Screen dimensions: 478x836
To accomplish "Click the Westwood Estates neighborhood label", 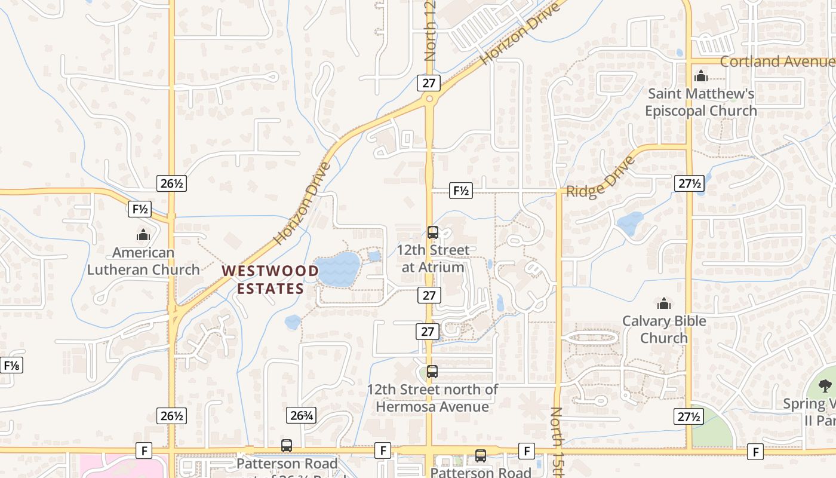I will tap(270, 280).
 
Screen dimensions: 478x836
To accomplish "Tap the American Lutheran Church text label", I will tap(143, 261).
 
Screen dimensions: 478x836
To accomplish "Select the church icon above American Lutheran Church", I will tap(143, 235).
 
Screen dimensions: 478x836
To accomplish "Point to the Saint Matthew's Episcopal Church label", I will tap(700, 102).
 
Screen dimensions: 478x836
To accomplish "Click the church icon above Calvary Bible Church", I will tap(663, 304).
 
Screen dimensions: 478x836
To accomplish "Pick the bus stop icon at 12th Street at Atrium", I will tap(433, 232).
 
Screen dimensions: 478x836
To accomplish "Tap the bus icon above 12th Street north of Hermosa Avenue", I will tap(432, 372).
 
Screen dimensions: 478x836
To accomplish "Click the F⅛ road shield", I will tap(11, 365).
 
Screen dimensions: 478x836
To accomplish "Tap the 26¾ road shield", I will tap(301, 415).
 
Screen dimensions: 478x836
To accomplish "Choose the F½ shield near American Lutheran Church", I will tap(140, 209).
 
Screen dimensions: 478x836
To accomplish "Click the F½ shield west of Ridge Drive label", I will tap(460, 191).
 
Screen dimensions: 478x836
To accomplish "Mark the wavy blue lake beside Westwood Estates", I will tap(338, 269).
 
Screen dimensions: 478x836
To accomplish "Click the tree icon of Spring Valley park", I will tap(825, 385).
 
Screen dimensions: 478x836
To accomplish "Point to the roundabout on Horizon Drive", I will tap(429, 99).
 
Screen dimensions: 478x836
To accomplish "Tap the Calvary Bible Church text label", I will tap(664, 329).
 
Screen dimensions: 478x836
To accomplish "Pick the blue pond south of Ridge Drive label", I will tap(630, 223).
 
